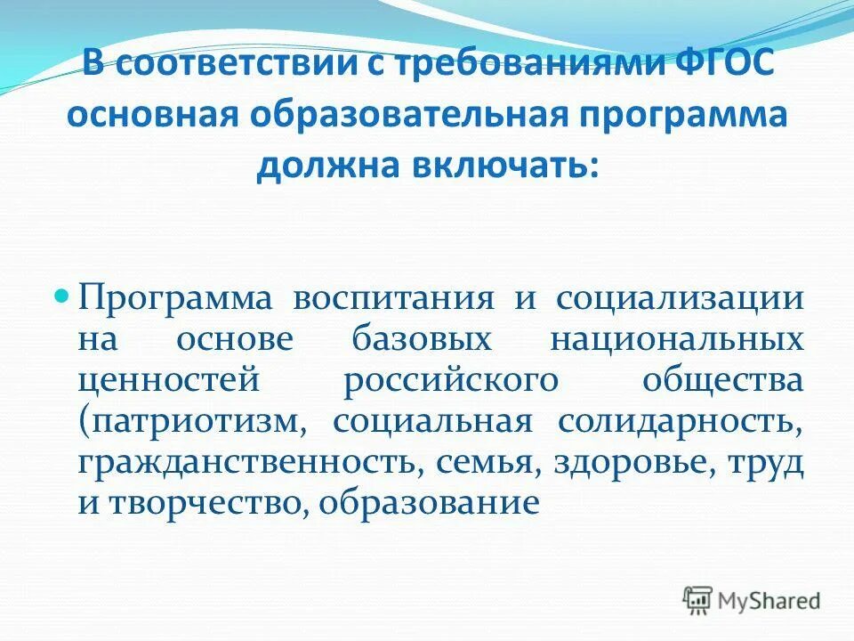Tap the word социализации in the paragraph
coord(681,296)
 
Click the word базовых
coord(418,338)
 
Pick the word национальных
coord(677,338)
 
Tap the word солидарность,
coord(681,421)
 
